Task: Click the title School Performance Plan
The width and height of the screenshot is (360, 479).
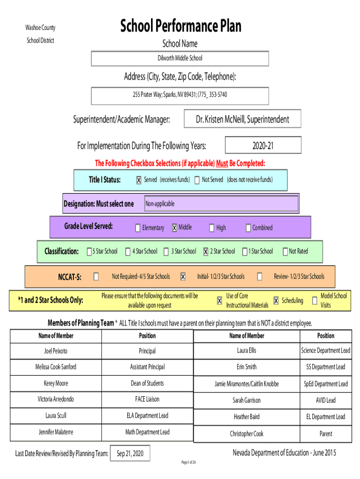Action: [180, 26]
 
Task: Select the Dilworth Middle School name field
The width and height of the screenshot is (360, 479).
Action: [180, 58]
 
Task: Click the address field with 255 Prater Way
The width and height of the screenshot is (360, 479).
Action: [180, 95]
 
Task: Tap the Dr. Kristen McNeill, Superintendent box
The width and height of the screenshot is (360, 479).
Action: [242, 119]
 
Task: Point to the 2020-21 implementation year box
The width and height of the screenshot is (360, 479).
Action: [263, 146]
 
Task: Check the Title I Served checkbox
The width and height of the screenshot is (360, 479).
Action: [139, 181]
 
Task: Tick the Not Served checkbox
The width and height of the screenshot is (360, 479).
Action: [197, 180]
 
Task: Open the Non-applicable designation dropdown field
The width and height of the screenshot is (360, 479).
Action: [221, 204]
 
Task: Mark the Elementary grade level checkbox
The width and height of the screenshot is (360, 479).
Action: [138, 228]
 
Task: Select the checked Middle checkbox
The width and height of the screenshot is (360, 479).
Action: [174, 228]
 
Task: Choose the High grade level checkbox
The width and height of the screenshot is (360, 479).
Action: [212, 228]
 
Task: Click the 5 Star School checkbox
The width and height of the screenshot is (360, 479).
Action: [89, 252]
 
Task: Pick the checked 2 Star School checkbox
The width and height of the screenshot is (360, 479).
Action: [206, 252]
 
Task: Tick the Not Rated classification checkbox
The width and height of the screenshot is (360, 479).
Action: [285, 252]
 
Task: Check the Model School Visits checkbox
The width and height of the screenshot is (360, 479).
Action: [315, 301]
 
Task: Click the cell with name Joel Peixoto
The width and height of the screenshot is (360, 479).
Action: [56, 351]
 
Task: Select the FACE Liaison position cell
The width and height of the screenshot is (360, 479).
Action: [147, 399]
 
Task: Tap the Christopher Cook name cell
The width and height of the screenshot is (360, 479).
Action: [246, 434]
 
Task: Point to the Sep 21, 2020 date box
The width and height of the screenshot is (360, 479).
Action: [130, 454]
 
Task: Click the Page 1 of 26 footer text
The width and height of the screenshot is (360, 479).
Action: [188, 463]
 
